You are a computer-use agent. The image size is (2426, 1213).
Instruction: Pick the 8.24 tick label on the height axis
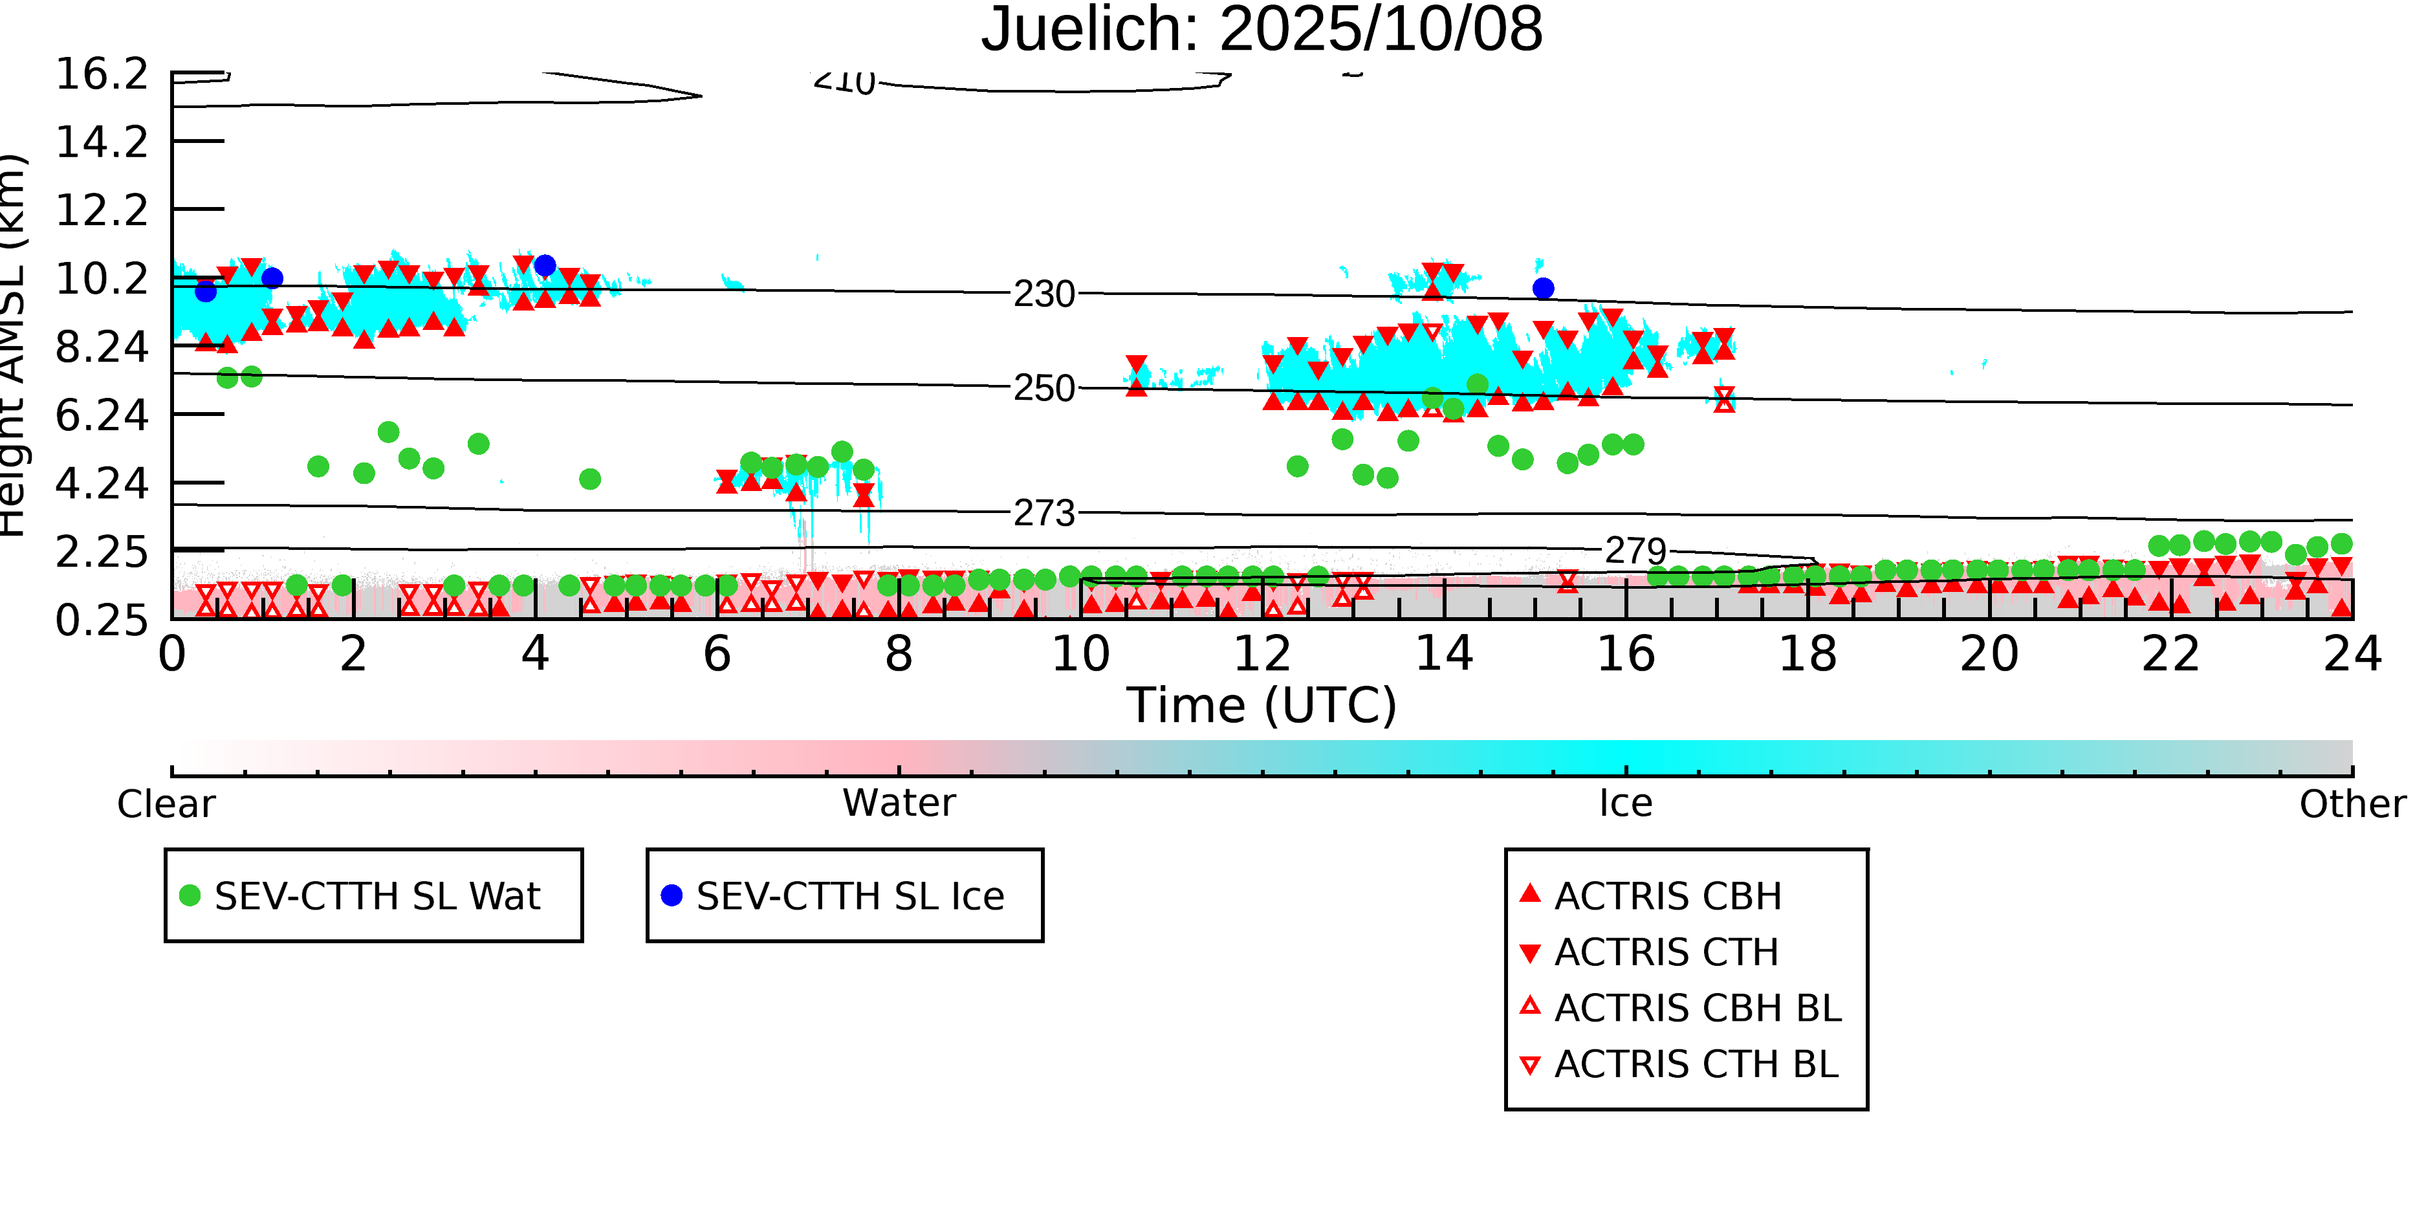(102, 347)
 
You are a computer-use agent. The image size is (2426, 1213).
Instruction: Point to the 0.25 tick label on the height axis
(102, 620)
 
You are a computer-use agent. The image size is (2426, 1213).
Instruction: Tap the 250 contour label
(1044, 388)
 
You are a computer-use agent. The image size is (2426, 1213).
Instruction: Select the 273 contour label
(1044, 513)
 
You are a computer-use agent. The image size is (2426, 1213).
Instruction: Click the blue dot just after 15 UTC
(1543, 288)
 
